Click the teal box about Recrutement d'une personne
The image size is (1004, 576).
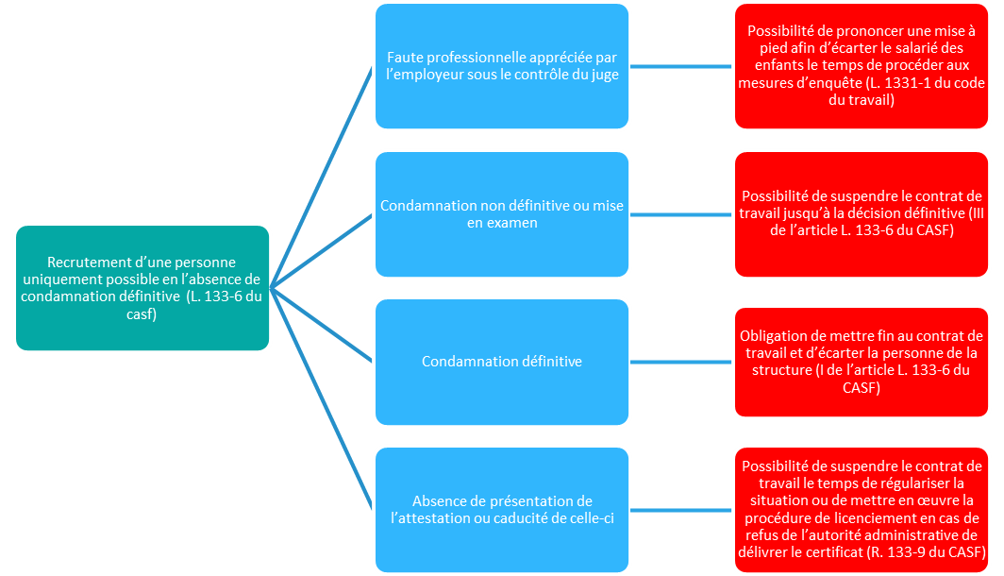point(142,288)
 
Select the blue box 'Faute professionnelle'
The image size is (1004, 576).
point(502,66)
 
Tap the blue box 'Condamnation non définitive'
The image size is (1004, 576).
point(502,214)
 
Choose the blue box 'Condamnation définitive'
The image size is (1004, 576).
point(502,362)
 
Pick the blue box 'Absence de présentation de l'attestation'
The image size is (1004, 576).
point(502,510)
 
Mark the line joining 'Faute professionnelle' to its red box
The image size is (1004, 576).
point(681,66)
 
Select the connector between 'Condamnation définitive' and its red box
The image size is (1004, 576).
point(681,362)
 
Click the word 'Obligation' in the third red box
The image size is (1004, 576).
point(778,336)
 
